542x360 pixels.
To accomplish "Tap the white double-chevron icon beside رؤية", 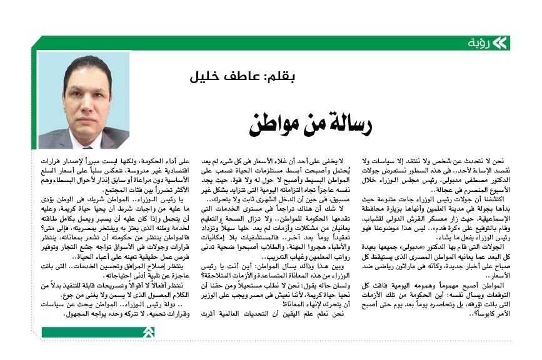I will tap(499, 43).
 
